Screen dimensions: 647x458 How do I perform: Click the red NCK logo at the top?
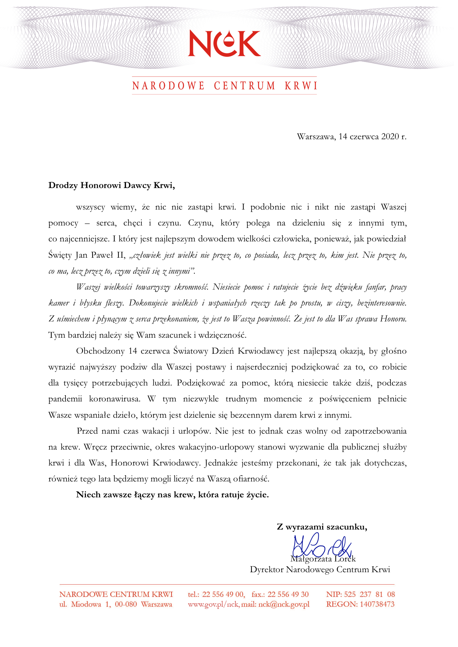pos(224,43)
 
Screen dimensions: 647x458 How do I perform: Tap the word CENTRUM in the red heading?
pos(245,86)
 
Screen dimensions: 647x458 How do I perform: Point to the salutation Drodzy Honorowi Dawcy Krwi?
pos(112,185)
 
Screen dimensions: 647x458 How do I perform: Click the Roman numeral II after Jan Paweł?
pos(120,255)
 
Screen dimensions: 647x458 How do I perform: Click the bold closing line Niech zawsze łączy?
pos(172,494)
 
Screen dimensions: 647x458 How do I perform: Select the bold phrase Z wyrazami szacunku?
pos(322,527)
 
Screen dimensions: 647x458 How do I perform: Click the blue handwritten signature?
pos(322,546)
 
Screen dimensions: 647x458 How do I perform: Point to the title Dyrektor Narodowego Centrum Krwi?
pos(320,570)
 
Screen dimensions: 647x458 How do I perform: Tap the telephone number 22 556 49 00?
pos(223,594)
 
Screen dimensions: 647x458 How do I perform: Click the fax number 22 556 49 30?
pos(288,594)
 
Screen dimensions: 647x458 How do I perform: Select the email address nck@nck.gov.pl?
pos(284,604)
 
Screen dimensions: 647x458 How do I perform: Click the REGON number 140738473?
pos(377,604)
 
